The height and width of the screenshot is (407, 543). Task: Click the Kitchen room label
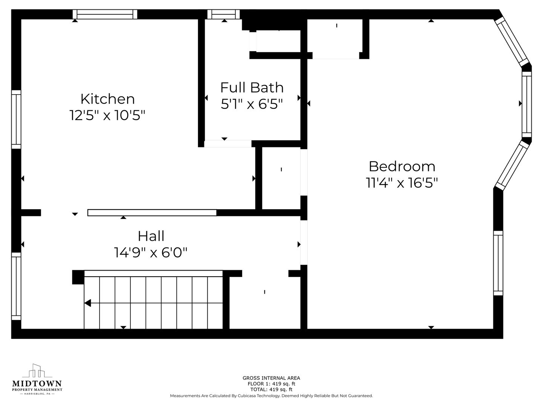pos(107,99)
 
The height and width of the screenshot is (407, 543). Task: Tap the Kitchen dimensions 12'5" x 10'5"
pos(107,115)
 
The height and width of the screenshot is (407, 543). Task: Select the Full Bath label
pos(252,88)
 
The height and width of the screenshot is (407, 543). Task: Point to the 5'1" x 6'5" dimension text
pos(252,104)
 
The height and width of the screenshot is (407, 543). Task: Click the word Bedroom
pos(402,167)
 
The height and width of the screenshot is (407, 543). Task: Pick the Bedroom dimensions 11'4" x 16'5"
pos(402,183)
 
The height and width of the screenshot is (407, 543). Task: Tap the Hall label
pos(151,236)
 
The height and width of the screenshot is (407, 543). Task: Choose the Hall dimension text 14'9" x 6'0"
pos(151,252)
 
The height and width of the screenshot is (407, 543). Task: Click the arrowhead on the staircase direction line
pos(87,303)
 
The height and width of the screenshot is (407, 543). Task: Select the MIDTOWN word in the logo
pos(37,384)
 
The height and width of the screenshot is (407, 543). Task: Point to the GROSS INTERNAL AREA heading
pos(271,378)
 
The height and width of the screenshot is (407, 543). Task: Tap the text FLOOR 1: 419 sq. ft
pos(271,384)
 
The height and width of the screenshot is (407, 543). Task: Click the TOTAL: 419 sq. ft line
pos(271,389)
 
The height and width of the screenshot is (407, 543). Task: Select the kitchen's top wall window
pos(105,14)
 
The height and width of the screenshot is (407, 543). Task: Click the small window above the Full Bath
pos(224,14)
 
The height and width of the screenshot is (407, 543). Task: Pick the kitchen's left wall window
pos(16,119)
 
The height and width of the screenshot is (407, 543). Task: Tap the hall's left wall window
pos(16,286)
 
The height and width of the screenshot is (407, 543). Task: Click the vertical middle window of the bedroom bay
pos(527,104)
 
